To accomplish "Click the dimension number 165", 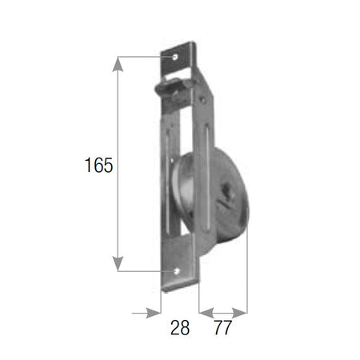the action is coord(98,165).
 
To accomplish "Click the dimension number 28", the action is coord(180,327).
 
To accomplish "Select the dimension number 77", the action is coord(222,327).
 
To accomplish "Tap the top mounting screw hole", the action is coord(175,57).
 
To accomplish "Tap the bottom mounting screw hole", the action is coord(177,271).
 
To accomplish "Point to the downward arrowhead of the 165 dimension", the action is coord(118,264).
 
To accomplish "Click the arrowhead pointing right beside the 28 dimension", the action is coord(154,313).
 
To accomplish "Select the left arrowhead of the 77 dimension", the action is coord(206,313).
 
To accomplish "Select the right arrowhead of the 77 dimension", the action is coord(240,313).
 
